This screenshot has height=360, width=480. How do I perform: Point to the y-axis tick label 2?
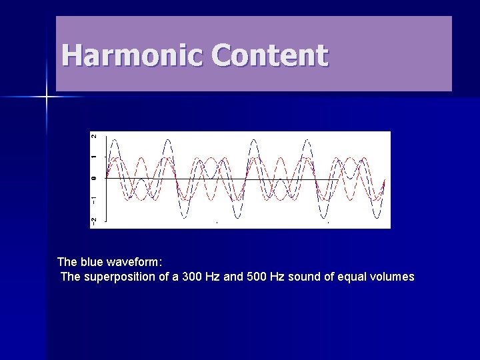click(x=94, y=136)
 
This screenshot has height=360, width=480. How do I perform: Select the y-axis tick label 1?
click(x=94, y=157)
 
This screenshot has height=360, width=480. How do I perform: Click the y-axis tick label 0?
click(x=94, y=178)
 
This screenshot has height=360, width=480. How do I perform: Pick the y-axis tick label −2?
click(x=94, y=220)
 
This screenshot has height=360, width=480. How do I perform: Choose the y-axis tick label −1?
click(x=94, y=200)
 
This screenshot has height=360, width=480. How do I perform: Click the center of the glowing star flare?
click(x=46, y=97)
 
